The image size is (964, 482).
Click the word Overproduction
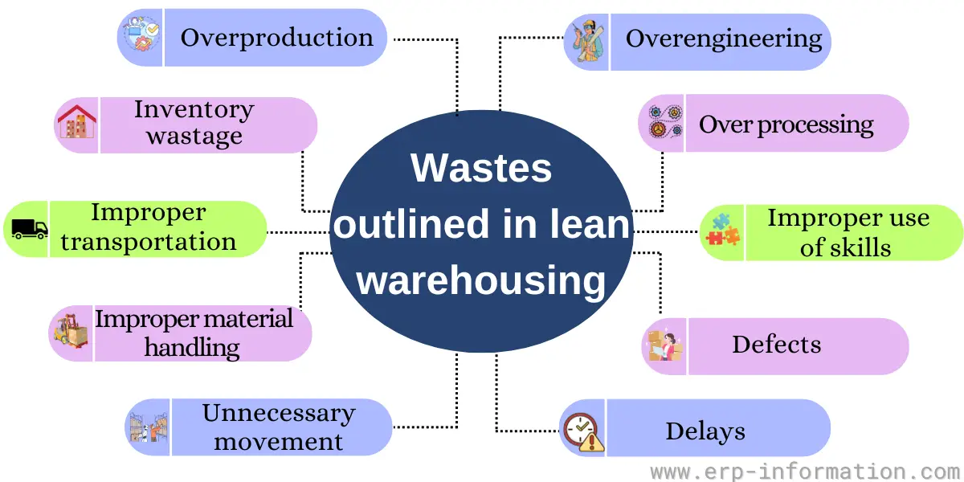click(276, 38)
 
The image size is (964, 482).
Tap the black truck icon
click(30, 229)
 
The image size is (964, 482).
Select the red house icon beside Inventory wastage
click(76, 125)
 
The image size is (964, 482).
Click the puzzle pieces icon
click(722, 230)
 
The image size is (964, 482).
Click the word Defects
click(776, 345)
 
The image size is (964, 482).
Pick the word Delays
click(705, 431)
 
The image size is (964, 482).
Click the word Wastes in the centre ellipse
click(481, 169)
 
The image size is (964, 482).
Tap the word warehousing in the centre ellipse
click(481, 282)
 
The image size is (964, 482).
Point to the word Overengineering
click(724, 39)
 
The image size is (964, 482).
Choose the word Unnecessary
click(279, 414)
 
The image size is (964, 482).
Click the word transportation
click(149, 242)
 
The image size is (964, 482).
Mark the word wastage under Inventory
click(194, 137)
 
